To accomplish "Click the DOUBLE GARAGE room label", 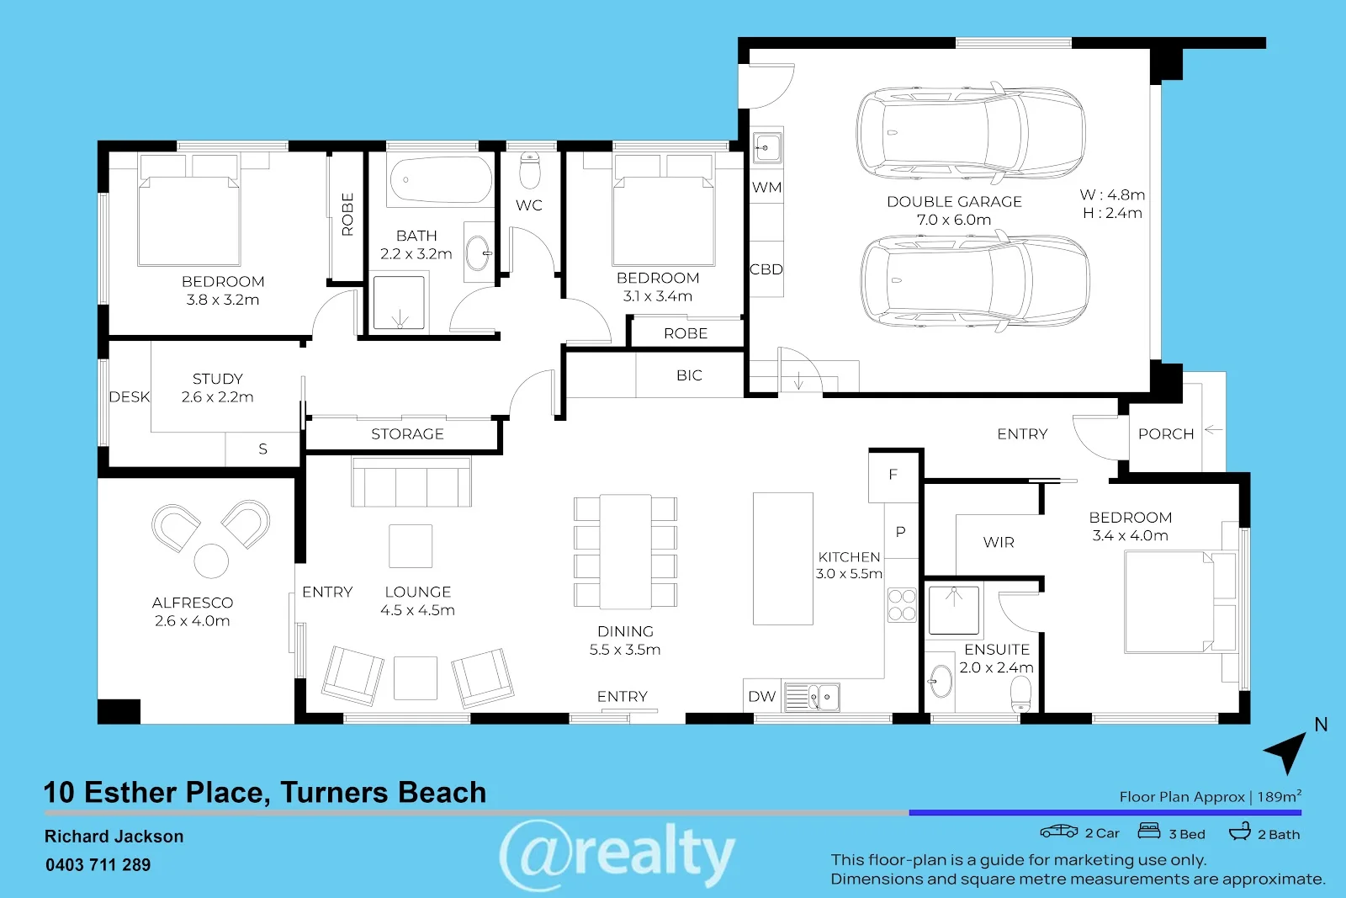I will coord(954,202).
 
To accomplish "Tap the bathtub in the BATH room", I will coord(440,179).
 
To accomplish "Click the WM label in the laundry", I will coord(766,188).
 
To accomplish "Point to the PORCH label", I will coord(1166,434).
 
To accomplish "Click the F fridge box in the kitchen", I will coord(893,475).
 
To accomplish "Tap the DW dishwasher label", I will coord(761,697).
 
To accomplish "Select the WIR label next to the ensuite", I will coord(999,543).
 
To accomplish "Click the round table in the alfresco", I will coord(211,561).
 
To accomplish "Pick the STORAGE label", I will coord(407,434).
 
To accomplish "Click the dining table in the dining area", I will coord(625,551).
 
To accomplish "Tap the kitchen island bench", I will coord(782,558).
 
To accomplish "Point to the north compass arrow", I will coord(1287,751).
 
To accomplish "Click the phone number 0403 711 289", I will coord(98,865).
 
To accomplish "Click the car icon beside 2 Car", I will coord(1058,832).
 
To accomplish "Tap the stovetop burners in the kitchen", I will coord(901,605).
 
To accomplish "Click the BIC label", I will coord(689,375).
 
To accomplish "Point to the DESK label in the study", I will coord(129,397).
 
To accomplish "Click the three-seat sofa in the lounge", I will coord(411,483).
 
